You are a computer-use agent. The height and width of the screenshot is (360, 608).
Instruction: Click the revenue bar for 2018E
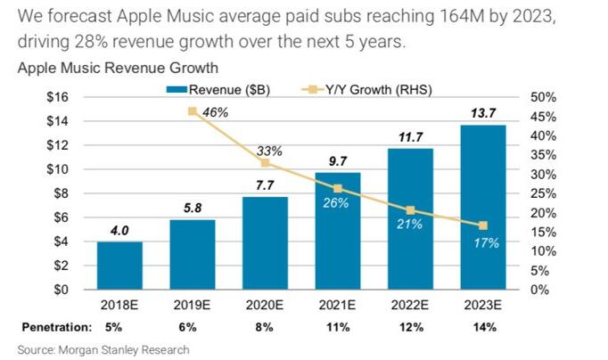[x=119, y=266]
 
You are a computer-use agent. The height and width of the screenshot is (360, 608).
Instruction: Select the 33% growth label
[x=266, y=150]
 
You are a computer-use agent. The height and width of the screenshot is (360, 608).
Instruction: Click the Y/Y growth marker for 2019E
[x=192, y=111]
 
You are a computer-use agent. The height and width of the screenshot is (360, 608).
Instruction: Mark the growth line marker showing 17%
[x=482, y=225]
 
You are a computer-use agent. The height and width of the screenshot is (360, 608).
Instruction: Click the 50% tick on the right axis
[x=543, y=96]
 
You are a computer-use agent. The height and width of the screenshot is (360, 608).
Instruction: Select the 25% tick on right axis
[x=543, y=193]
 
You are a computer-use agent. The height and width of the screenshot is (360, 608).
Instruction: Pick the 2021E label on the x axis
[x=337, y=306]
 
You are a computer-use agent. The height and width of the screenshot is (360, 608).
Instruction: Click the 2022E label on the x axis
[x=410, y=306]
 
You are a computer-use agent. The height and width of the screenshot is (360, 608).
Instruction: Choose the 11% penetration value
[x=337, y=325]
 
